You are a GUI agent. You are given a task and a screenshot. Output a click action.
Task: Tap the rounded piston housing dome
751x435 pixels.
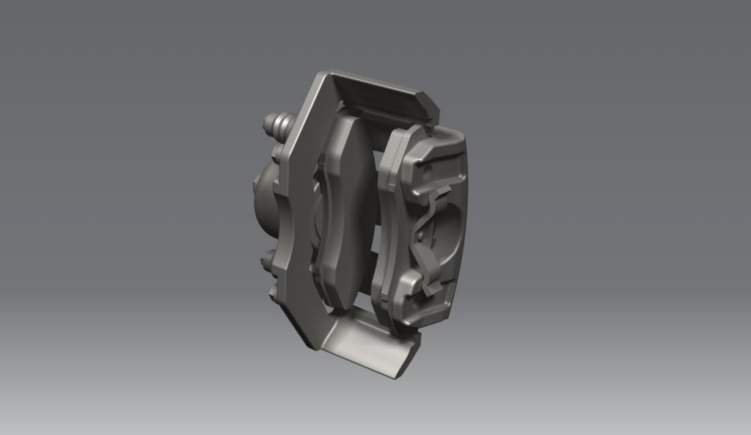point(261,198)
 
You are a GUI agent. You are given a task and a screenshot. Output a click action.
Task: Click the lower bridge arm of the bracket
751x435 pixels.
point(367,337)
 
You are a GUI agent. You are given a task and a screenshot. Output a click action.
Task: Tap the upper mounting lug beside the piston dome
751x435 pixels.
point(277,156)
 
